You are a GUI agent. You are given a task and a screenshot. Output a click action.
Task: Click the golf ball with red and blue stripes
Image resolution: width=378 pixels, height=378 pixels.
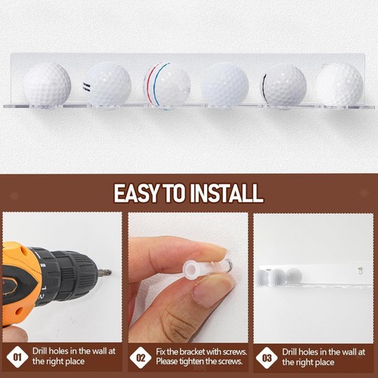click(166, 85)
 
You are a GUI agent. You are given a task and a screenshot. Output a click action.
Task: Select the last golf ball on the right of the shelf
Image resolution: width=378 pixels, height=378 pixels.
click(339, 84)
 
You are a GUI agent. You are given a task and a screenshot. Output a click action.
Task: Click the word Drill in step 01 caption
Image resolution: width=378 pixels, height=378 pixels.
click(42, 351)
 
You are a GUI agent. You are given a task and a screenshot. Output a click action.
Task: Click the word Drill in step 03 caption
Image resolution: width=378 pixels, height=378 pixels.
click(293, 351)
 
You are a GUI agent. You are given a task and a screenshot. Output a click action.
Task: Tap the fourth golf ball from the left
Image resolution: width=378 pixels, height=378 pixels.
click(225, 84)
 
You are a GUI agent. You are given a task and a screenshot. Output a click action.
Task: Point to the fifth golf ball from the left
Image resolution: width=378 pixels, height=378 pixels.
click(284, 85)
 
